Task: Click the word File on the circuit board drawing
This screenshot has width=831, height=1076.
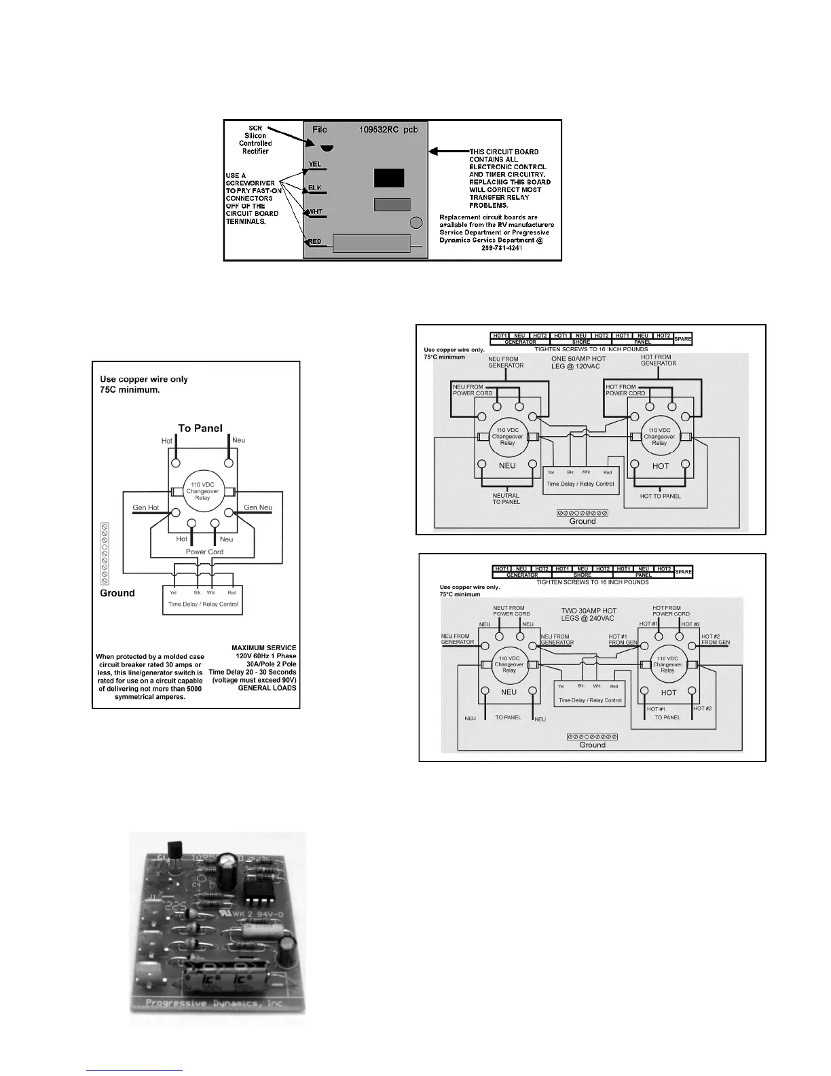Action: click(x=319, y=130)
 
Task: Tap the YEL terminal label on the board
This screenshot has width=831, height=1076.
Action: click(x=314, y=164)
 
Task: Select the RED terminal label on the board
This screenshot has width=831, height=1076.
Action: click(x=314, y=242)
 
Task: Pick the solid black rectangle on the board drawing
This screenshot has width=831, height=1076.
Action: click(x=389, y=178)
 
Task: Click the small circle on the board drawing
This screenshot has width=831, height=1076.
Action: click(x=417, y=223)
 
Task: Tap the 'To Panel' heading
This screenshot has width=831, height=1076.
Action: click(x=200, y=428)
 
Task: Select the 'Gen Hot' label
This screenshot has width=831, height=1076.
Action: click(x=145, y=507)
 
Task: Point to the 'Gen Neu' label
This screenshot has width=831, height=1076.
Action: click(x=258, y=507)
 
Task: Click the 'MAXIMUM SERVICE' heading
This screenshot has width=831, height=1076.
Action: click(x=263, y=647)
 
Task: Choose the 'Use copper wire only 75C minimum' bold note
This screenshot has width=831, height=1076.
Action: click(x=144, y=384)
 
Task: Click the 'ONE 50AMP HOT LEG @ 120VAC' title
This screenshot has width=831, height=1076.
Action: click(x=578, y=362)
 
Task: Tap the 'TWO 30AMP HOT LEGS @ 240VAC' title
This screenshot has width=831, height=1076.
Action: click(x=589, y=614)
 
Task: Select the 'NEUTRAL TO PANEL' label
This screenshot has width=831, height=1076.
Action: click(x=506, y=499)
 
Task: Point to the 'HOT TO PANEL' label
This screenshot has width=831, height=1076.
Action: click(x=660, y=496)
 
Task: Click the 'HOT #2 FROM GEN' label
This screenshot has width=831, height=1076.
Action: click(x=715, y=639)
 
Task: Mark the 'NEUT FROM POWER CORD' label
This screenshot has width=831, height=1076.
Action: click(x=511, y=611)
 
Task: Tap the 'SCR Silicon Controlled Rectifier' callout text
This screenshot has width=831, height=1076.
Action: click(x=255, y=139)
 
